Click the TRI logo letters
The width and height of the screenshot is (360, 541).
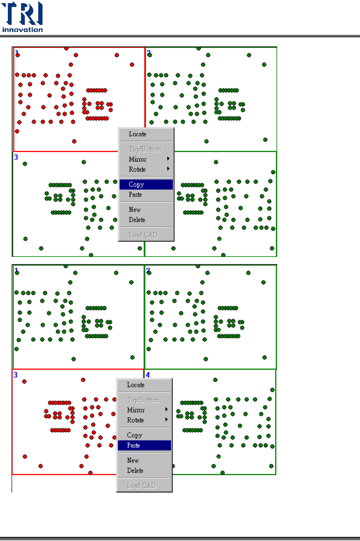22,13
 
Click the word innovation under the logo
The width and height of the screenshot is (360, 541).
22,30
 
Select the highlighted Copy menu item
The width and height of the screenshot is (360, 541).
137,185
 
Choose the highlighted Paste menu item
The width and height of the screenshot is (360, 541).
134,446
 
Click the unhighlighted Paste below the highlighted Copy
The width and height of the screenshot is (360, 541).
135,195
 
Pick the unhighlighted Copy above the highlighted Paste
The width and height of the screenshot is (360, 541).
134,435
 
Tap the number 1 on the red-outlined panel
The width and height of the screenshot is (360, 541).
17,53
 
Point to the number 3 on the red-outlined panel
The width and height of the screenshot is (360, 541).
15,375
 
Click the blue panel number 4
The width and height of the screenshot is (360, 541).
148,375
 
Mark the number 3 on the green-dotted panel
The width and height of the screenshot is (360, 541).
16,157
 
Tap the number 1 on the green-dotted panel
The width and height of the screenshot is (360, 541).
16,270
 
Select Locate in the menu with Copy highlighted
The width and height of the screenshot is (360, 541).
138,134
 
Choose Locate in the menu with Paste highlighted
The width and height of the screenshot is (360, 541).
136,385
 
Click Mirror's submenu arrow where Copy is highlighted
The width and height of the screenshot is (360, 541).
168,159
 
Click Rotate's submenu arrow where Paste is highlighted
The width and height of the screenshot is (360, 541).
166,420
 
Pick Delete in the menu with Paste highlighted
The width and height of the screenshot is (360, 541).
135,471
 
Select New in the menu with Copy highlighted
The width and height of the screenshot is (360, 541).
135,210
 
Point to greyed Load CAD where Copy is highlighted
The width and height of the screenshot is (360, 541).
143,235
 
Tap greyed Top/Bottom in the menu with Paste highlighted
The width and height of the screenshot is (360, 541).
143,400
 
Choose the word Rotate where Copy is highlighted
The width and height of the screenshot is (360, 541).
137,169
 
